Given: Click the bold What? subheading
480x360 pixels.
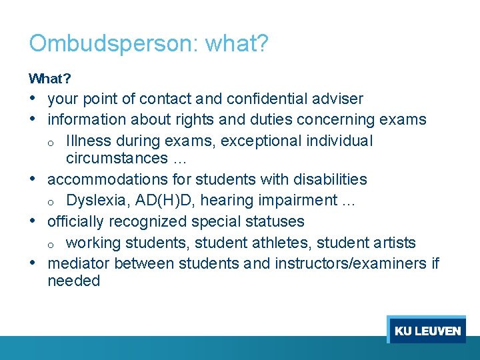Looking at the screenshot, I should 50,79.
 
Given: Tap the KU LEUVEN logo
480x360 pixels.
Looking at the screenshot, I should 427,331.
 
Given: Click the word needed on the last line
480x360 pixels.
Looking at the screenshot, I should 73,281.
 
